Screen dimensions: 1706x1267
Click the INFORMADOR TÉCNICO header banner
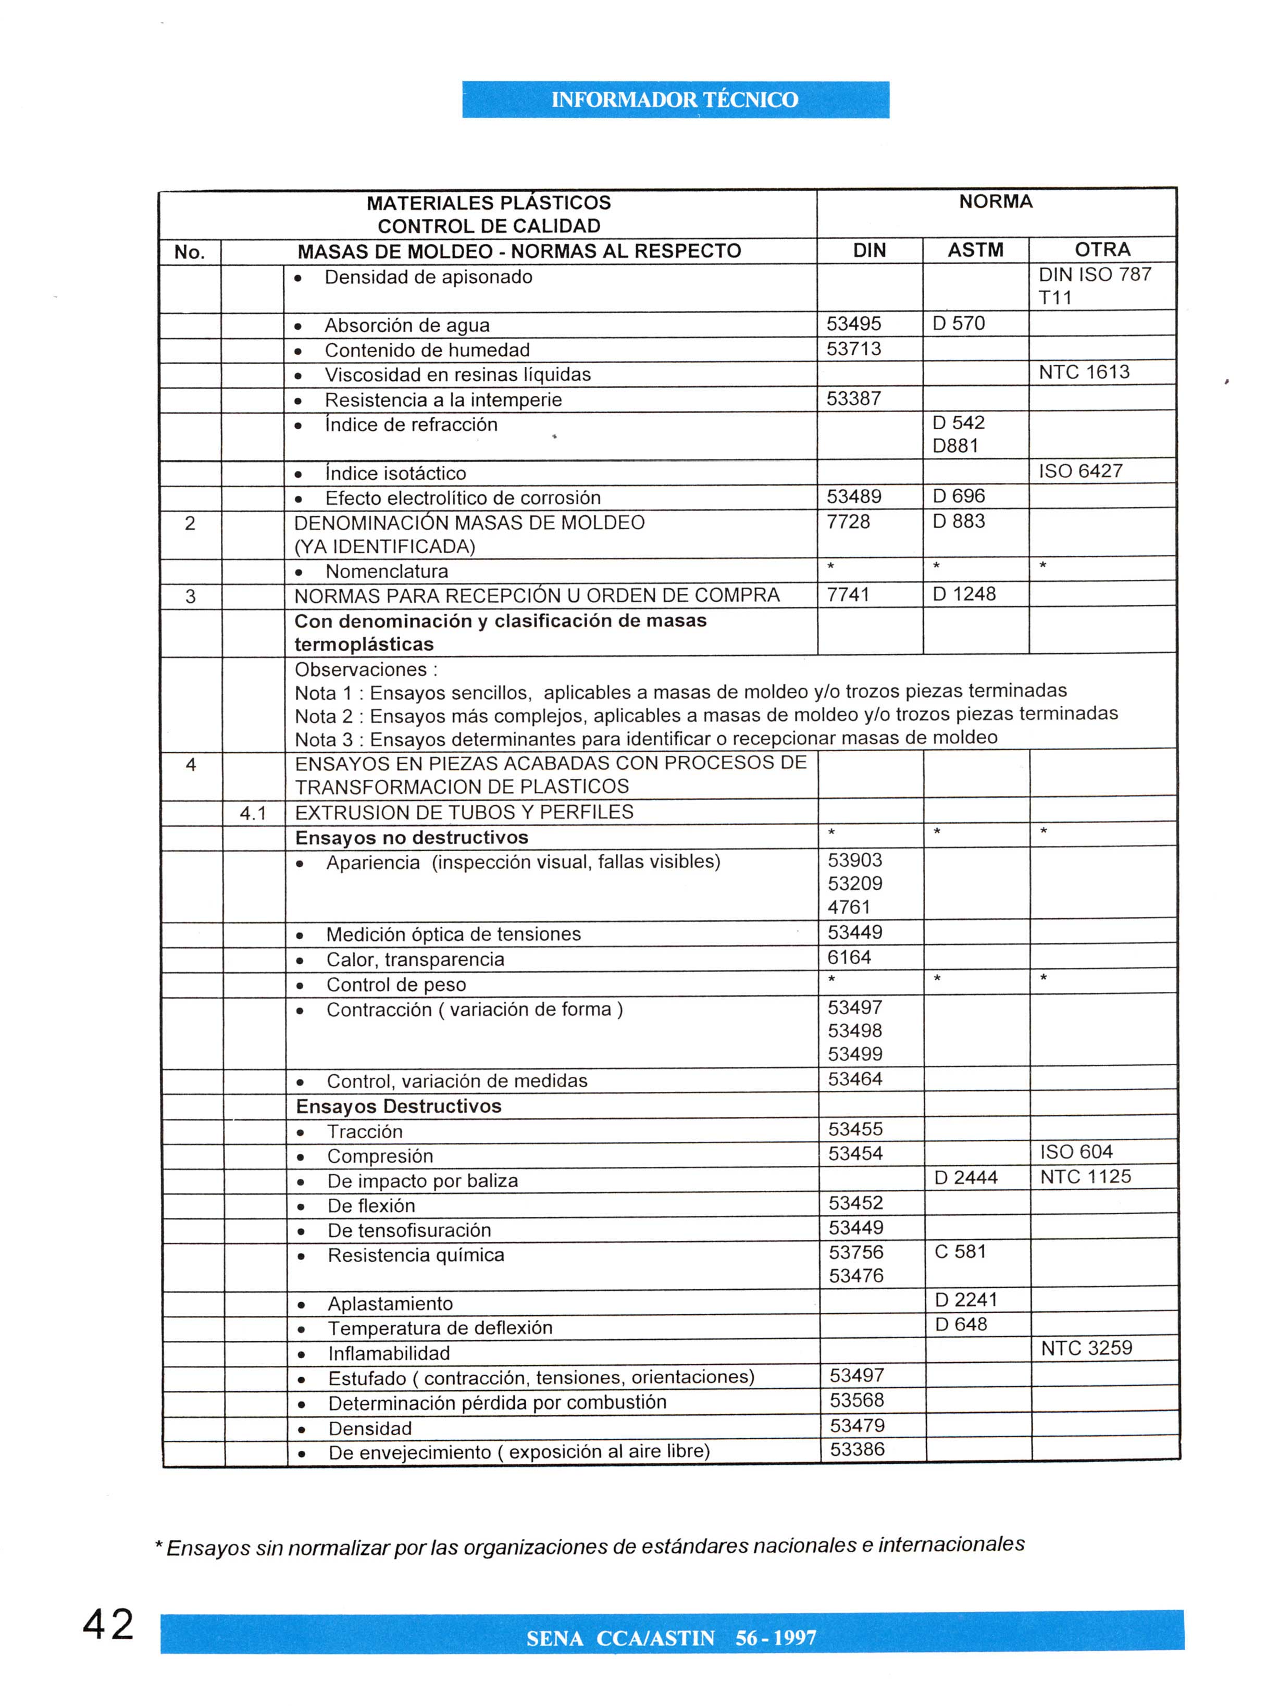tap(675, 99)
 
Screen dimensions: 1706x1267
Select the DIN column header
tap(869, 251)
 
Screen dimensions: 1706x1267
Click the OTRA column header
tap(1102, 249)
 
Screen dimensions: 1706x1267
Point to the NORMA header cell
tap(996, 202)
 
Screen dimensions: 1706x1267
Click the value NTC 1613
tap(1084, 372)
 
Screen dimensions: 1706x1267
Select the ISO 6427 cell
tap(1080, 471)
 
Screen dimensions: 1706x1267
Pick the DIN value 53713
tap(854, 349)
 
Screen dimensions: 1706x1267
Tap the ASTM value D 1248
tap(963, 594)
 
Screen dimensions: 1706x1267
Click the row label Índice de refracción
tap(411, 425)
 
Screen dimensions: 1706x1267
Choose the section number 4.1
tap(253, 814)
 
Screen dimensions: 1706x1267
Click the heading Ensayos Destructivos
tap(398, 1106)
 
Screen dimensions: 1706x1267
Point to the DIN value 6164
tap(849, 957)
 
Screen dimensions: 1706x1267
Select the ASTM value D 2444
tap(965, 1178)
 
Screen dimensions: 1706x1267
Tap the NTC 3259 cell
tap(1086, 1348)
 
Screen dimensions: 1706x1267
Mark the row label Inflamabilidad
tap(389, 1353)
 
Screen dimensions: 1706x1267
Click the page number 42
tap(108, 1625)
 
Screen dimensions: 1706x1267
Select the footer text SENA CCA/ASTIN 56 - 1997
tap(671, 1638)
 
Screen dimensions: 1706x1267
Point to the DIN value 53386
tap(856, 1449)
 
